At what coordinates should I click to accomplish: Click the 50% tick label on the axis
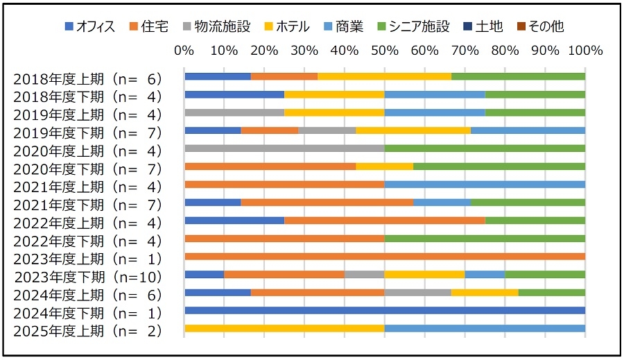385,51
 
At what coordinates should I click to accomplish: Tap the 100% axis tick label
584,51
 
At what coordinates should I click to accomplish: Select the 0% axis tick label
184,51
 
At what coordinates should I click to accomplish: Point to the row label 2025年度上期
87,332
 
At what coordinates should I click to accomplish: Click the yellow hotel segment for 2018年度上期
384,76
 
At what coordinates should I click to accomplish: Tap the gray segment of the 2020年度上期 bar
284,148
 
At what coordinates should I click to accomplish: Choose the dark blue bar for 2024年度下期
385,311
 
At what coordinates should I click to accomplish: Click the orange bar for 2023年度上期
385,257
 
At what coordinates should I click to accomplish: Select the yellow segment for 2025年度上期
284,329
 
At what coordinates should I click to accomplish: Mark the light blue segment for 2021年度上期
485,185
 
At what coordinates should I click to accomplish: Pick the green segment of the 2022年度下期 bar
485,239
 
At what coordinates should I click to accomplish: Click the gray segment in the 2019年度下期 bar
327,130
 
